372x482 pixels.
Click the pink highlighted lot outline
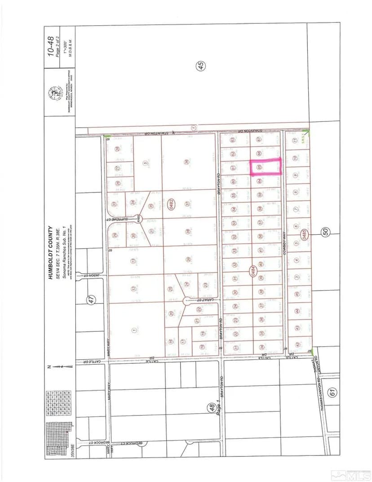[x=265, y=166]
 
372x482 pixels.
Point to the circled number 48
[x=211, y=408]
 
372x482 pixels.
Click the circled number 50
[x=326, y=232]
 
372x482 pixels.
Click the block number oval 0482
[x=171, y=203]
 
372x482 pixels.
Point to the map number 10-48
[x=51, y=46]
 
